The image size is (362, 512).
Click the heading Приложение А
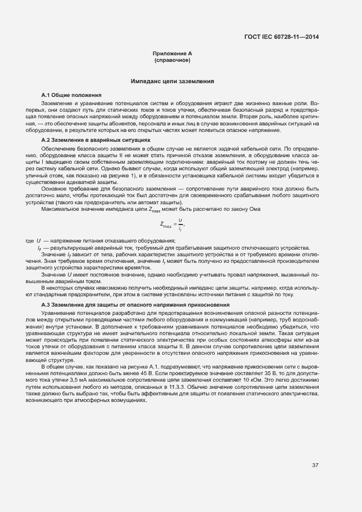pos(172,54)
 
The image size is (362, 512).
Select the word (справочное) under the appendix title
pos(172,60)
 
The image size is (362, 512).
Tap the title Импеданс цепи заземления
pos(172,81)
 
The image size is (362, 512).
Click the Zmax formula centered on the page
pos(172,223)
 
